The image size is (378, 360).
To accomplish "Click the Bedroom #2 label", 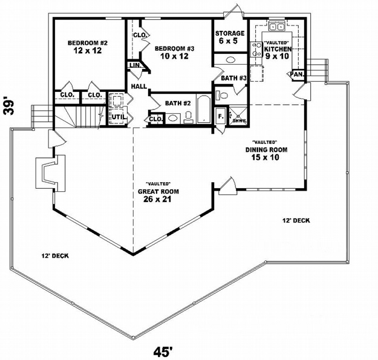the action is (x=88, y=43).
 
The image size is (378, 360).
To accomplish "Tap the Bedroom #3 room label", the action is (x=174, y=49).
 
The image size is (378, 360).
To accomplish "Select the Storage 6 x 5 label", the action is (x=230, y=37).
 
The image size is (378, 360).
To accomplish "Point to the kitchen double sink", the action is (x=277, y=27).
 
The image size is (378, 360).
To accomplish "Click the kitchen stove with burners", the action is (x=256, y=50).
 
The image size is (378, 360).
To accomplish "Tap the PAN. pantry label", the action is (x=297, y=74).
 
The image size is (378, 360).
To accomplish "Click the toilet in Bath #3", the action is (x=221, y=95).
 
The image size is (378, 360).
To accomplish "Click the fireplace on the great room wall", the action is (x=50, y=173).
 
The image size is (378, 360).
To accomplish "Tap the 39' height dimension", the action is (x=8, y=106).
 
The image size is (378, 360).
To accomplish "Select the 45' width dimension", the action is (x=163, y=352).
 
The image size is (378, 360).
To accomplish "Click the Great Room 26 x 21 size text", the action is (x=157, y=199).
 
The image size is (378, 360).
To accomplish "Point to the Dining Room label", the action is (x=266, y=149).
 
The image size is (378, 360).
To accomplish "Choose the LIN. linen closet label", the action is (x=134, y=65).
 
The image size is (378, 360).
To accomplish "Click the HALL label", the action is (x=139, y=87).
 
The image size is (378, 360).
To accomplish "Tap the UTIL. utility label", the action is (x=119, y=117).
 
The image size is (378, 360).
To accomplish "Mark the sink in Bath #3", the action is (x=231, y=60).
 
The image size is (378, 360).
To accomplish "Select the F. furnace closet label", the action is (x=220, y=116).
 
